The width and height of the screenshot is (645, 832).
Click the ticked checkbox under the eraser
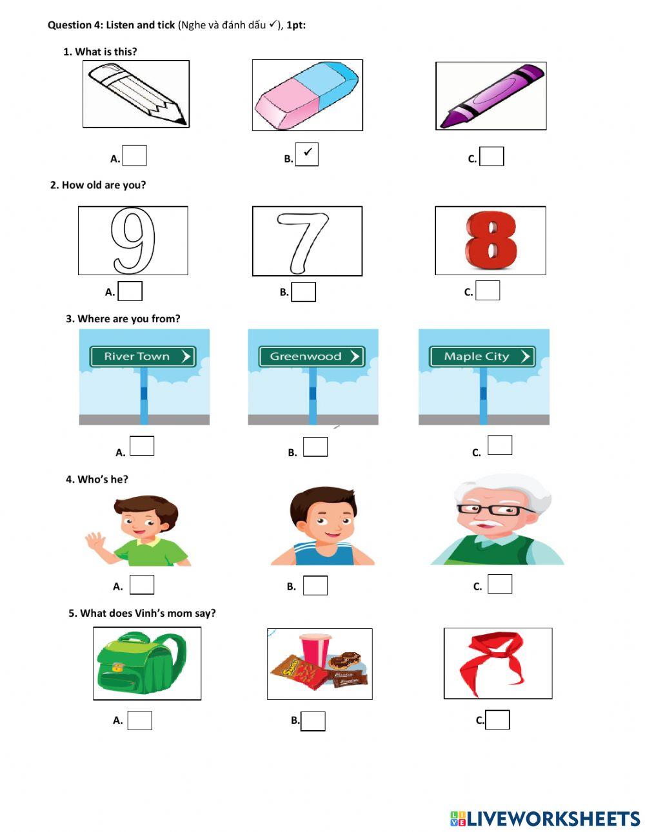coord(307,155)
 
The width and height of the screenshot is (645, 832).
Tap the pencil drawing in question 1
coord(136,94)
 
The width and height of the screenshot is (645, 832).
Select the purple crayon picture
coord(491,95)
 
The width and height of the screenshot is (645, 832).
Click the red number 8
coord(490,240)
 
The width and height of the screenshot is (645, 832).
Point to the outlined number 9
coord(134,240)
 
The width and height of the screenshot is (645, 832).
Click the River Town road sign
coord(143,356)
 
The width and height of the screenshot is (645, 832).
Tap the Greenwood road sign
coord(312,356)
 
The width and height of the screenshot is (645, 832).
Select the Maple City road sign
coord(482,356)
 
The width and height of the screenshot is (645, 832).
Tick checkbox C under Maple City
coord(500,445)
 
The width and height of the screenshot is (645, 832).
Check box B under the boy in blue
coord(315,585)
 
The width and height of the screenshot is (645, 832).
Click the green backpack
coord(141,664)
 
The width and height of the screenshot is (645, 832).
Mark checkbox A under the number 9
coord(130,291)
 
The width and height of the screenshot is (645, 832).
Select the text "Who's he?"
coord(103,479)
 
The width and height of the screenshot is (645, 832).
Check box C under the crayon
coord(492,157)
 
